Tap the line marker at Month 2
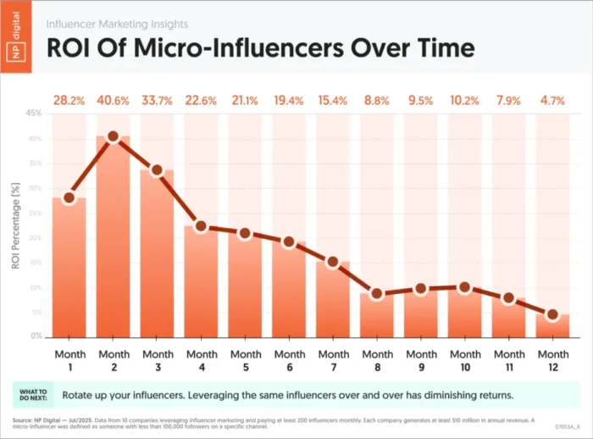click(x=113, y=136)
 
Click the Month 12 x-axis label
click(x=552, y=358)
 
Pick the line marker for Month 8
click(x=377, y=294)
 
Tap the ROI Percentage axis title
click(x=16, y=225)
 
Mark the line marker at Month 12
click(x=552, y=314)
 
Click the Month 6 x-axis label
click(x=289, y=358)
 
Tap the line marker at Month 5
click(x=245, y=233)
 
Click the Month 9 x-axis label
click(x=421, y=358)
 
